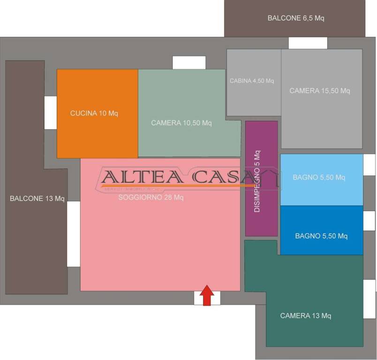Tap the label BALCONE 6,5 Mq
[296, 18]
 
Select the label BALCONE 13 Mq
[37, 198]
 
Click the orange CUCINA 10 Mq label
[97, 113]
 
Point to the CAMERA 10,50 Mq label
[181, 123]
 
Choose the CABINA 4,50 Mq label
[252, 81]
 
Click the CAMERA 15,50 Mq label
[320, 90]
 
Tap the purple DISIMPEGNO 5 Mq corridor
[262, 178]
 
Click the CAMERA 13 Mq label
[306, 315]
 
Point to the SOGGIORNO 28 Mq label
[151, 197]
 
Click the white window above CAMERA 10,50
[189, 62]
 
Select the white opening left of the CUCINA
[51, 112]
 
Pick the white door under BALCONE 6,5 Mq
[308, 43]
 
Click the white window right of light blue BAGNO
[369, 165]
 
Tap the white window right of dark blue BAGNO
[369, 221]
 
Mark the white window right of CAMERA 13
[369, 292]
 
